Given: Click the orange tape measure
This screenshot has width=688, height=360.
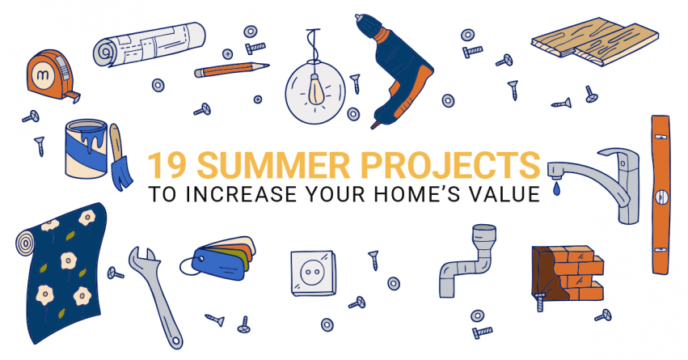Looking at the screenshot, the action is click(51, 74).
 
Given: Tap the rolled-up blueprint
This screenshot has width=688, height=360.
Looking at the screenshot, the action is click(150, 44).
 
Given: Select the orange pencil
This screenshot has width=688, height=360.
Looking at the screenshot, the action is click(231, 70).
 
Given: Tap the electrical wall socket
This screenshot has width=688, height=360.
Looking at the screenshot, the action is click(313, 273).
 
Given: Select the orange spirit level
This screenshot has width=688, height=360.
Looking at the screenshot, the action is click(661, 194).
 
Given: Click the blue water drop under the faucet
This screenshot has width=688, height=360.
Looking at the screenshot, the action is click(556, 188).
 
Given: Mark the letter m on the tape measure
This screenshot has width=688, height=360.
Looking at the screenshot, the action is click(43, 74).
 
